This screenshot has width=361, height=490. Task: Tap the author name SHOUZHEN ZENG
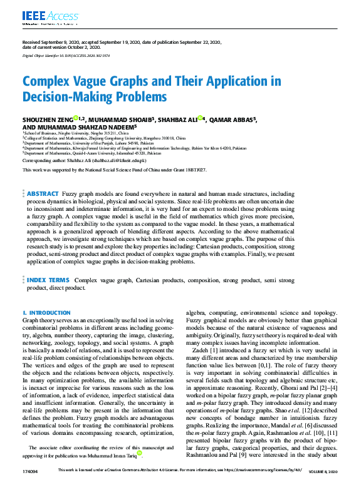point(47,120)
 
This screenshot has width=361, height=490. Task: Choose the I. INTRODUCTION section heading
point(46,312)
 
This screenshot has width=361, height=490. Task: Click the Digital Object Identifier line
point(67,56)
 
